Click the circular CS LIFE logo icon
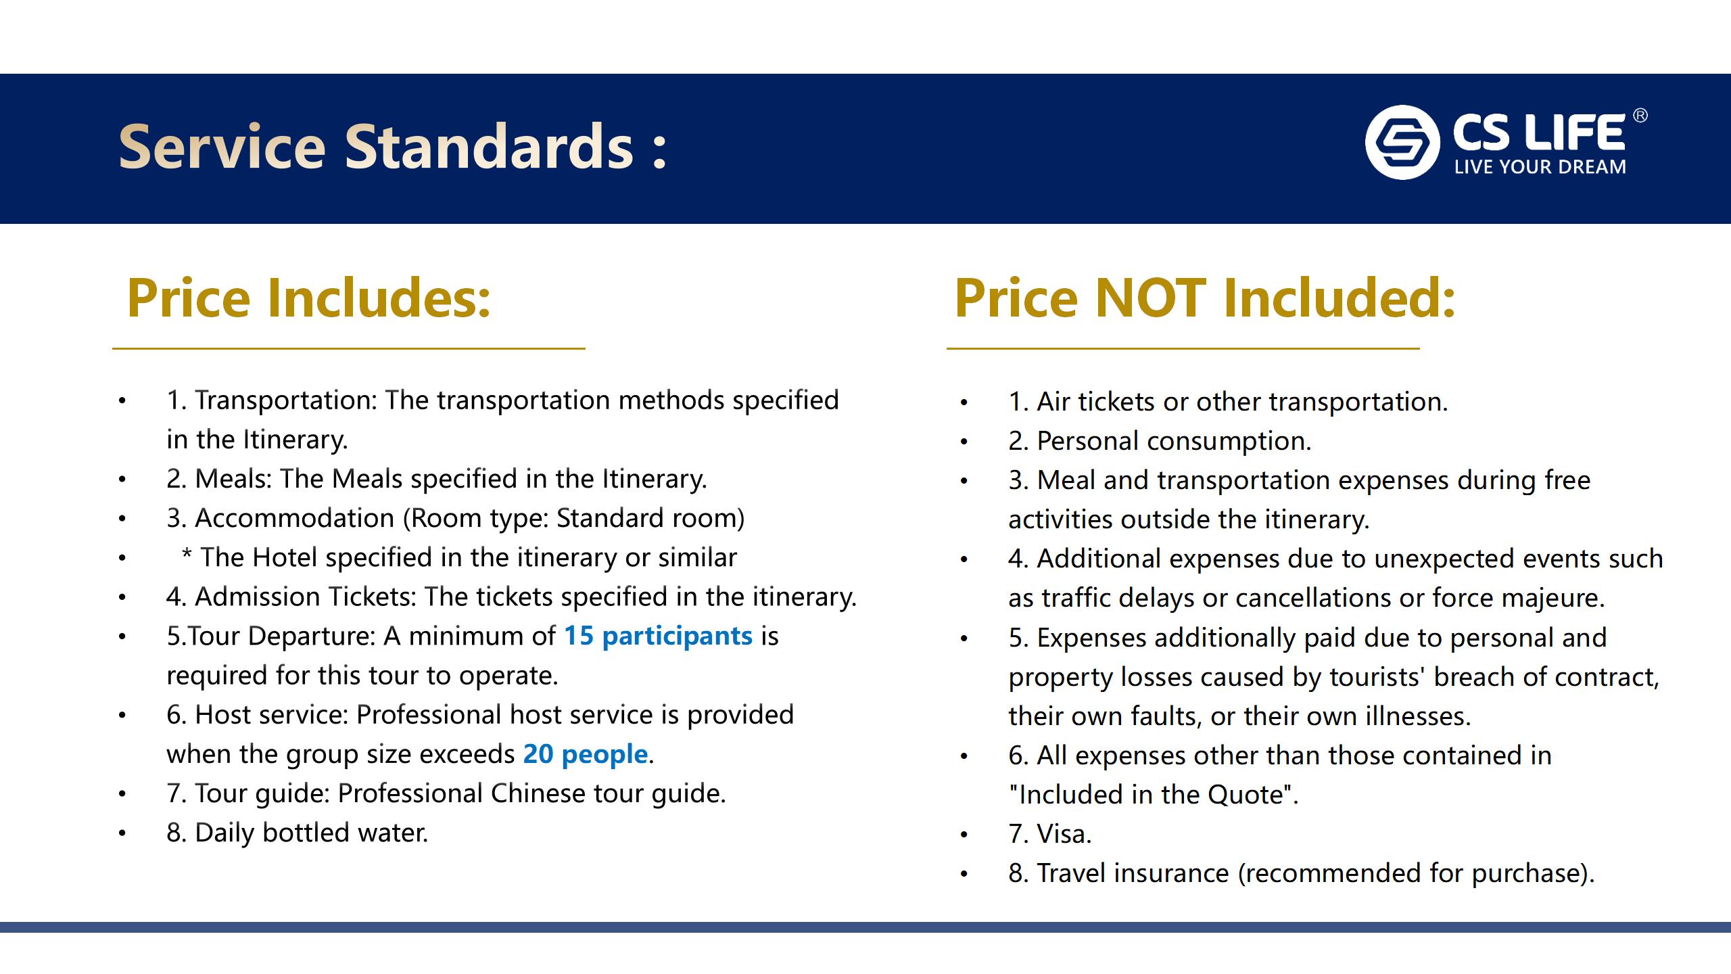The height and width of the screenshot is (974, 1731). [1402, 142]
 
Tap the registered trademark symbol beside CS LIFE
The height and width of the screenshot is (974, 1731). [1640, 116]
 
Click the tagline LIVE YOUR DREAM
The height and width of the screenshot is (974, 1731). [1540, 167]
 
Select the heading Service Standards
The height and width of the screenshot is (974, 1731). [393, 146]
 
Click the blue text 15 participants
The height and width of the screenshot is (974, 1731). [658, 636]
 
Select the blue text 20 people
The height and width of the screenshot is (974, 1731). [586, 753]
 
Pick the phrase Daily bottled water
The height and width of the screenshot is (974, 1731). [311, 833]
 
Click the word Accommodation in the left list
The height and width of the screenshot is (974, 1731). [294, 518]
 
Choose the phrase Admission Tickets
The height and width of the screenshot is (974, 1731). [306, 597]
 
